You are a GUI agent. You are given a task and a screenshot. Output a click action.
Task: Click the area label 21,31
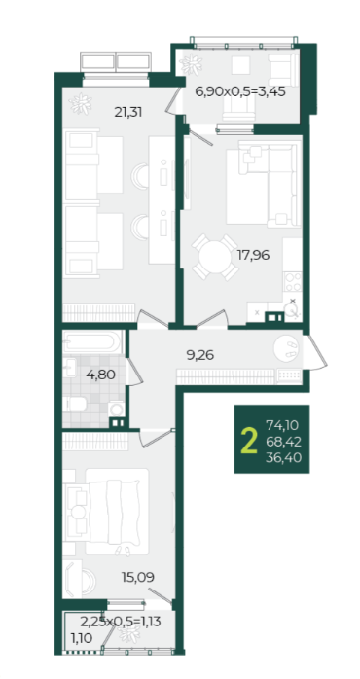tap(128, 113)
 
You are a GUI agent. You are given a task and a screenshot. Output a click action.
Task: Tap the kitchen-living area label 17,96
tap(253, 256)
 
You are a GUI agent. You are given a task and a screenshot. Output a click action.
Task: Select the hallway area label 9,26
tap(200, 355)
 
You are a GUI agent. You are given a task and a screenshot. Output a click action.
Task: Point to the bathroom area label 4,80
tap(100, 375)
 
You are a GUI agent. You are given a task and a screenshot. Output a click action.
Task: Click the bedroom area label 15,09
tap(138, 577)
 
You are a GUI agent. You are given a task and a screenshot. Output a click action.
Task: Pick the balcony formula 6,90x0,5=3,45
tap(240, 91)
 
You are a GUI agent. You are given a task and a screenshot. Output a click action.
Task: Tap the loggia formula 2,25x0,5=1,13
tap(121, 623)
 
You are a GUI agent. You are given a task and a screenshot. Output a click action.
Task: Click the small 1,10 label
tap(82, 637)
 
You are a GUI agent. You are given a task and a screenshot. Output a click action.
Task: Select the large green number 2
tap(249, 441)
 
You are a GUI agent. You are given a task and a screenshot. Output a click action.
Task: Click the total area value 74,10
tap(282, 426)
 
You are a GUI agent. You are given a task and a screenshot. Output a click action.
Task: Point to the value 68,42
tap(284, 442)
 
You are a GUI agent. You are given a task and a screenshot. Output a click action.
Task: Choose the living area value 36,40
tap(284, 457)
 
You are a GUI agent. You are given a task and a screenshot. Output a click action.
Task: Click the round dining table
tap(215, 257)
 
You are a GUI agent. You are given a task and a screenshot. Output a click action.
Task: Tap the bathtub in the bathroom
tap(90, 342)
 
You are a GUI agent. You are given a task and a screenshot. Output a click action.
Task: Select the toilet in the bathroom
tap(74, 405)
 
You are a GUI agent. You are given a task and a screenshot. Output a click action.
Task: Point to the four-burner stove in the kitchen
tap(293, 282)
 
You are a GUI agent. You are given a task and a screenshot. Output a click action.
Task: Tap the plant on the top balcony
tap(191, 65)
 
